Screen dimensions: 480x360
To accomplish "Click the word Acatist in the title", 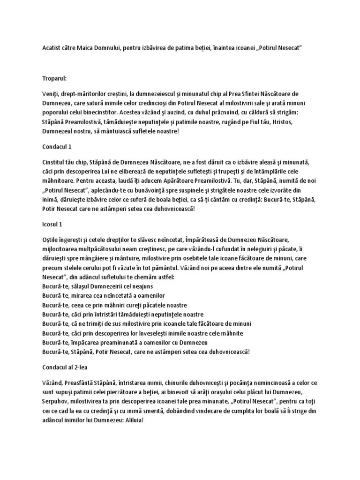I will tap(52, 48).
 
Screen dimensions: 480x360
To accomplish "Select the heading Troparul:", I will tap(55, 79).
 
